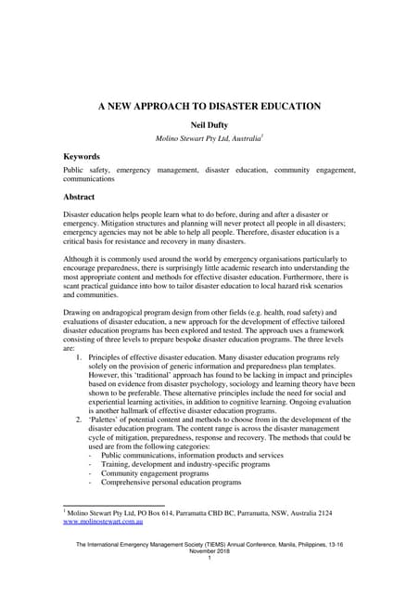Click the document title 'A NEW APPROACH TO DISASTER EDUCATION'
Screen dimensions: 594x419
pos(209,107)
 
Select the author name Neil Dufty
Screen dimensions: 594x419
pos(209,125)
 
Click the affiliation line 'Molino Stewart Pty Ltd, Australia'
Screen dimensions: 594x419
pos(209,139)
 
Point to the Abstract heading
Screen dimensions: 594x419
pos(79,198)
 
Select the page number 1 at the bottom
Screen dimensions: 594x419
pos(209,557)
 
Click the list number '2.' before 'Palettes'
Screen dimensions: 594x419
pos(81,420)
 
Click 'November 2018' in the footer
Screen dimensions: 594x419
pos(209,550)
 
